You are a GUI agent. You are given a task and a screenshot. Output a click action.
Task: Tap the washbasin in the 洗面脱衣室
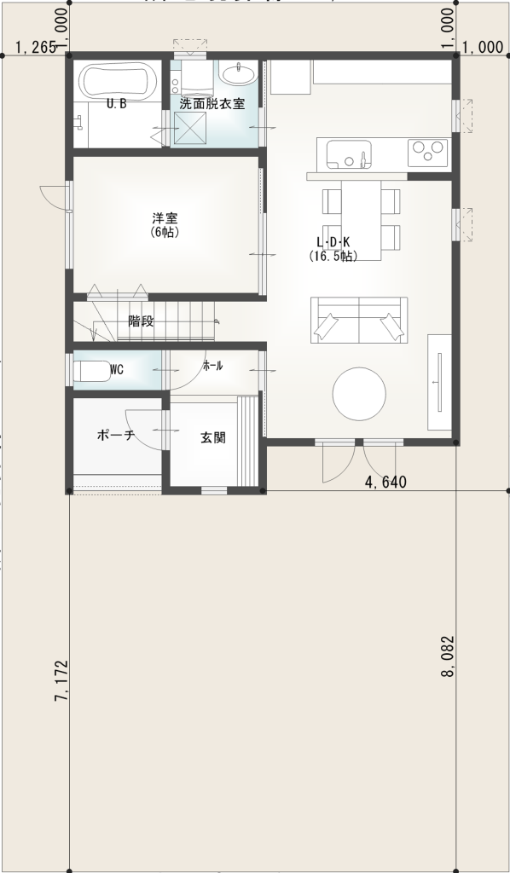(x=237, y=75)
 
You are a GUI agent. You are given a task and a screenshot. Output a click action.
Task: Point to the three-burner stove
(x=428, y=153)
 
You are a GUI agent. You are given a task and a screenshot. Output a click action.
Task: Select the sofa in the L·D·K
(x=358, y=321)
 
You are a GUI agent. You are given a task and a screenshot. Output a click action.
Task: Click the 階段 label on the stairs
(x=141, y=321)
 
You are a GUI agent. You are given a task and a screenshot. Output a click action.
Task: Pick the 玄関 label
(x=212, y=437)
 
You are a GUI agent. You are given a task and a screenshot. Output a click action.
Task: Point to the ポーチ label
(x=116, y=435)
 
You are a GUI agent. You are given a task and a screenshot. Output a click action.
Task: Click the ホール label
(x=212, y=366)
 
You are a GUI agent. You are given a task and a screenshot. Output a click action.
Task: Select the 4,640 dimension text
(x=385, y=483)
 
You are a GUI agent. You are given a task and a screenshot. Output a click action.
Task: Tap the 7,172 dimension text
(x=61, y=679)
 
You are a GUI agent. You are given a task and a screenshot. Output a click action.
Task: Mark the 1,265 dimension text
(x=35, y=49)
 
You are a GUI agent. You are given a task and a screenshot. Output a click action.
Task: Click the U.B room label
(x=117, y=104)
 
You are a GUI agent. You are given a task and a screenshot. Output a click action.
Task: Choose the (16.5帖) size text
(x=333, y=256)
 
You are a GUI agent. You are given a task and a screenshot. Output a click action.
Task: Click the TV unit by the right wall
(x=440, y=382)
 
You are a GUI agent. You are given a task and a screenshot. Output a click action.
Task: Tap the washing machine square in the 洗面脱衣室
(x=193, y=130)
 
